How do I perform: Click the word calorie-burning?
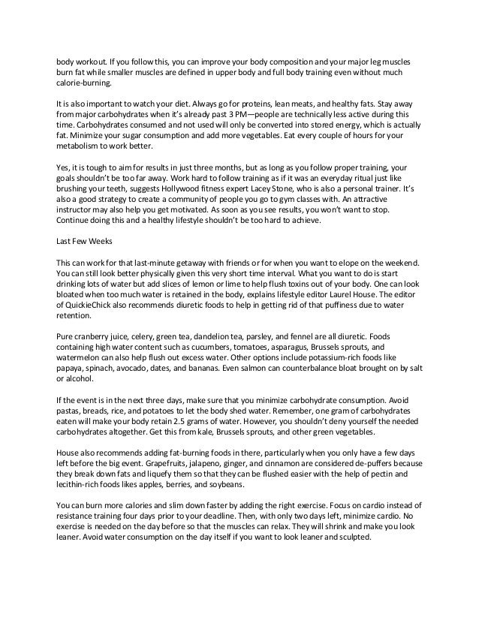(83, 87)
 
